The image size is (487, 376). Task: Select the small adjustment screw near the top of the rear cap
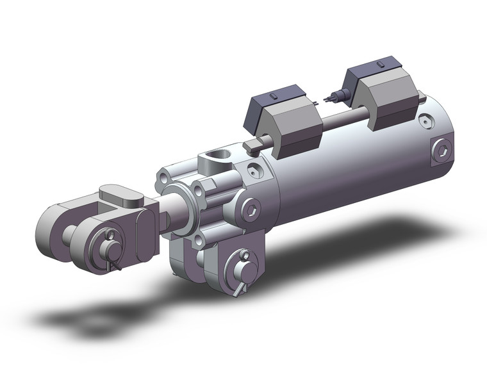[425, 120]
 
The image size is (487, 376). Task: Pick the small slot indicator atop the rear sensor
[379, 65]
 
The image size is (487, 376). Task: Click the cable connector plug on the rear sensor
[335, 98]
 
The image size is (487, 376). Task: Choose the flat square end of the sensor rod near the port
[252, 147]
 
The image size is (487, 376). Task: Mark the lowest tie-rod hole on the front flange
[199, 240]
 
